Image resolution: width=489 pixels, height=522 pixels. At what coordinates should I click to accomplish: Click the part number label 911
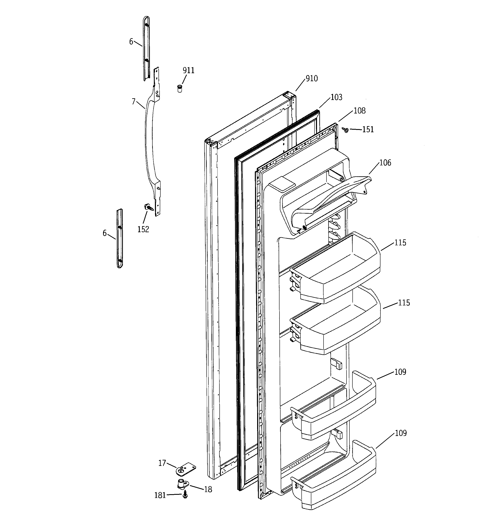pyautogui.click(x=188, y=71)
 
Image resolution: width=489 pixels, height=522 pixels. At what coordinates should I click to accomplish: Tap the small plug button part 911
pyautogui.click(x=180, y=89)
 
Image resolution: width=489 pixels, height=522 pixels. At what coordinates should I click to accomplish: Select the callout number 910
pyautogui.click(x=312, y=78)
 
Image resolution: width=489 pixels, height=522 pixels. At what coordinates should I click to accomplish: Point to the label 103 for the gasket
pyautogui.click(x=336, y=97)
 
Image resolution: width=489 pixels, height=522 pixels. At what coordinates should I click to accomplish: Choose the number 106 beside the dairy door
pyautogui.click(x=385, y=163)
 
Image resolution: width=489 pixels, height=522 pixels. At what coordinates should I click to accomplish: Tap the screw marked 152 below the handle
pyautogui.click(x=149, y=208)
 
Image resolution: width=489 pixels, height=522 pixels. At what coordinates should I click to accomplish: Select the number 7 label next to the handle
pyautogui.click(x=134, y=101)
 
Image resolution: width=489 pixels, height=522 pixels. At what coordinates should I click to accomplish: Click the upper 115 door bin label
pyautogui.click(x=400, y=243)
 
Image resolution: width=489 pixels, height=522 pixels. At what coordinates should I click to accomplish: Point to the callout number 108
pyautogui.click(x=359, y=111)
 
